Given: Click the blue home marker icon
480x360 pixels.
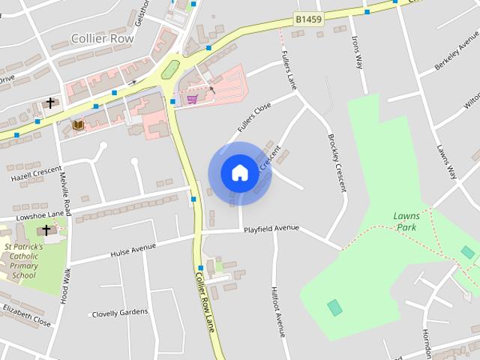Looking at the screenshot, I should click(x=239, y=172).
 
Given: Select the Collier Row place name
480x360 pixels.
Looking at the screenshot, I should click(x=102, y=38).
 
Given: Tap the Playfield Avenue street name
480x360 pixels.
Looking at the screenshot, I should click(x=271, y=228).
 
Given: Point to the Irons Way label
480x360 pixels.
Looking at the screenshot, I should click(x=357, y=53).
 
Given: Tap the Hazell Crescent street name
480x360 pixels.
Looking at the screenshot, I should click(x=35, y=175).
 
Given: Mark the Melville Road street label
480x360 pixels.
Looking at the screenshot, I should click(x=66, y=193).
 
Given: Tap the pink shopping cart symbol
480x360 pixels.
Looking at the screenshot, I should click(x=192, y=98).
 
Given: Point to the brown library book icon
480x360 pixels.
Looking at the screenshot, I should click(x=78, y=124).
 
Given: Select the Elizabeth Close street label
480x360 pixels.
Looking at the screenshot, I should click(x=26, y=316).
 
